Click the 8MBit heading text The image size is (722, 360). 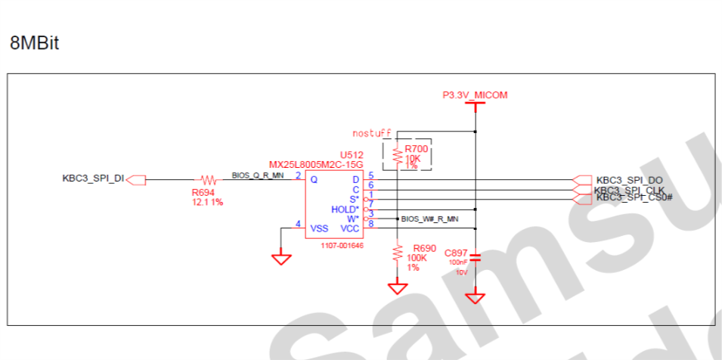34,44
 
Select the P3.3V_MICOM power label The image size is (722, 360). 475,95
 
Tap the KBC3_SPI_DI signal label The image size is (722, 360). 92,179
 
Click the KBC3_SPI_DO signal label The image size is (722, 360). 630,180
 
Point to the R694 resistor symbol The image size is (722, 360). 208,180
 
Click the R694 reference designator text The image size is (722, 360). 203,193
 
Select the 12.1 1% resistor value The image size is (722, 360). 207,203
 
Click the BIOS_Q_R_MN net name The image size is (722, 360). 258,175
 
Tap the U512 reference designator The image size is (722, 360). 351,154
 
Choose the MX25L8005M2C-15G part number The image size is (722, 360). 316,164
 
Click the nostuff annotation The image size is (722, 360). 371,133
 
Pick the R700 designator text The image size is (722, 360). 417,150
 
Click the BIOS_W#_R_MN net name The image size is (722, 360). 429,219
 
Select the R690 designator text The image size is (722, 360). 424,248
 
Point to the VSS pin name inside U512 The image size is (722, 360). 319,228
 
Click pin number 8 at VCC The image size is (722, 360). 370,224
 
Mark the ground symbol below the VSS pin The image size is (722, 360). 281,259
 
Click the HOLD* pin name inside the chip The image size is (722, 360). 345,209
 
